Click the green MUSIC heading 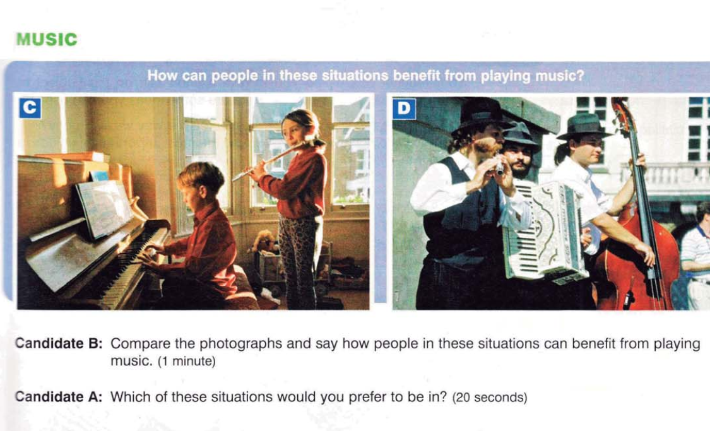pyautogui.click(x=47, y=39)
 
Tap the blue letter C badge pyautogui.click(x=30, y=108)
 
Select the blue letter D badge pyautogui.click(x=404, y=109)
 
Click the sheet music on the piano pyautogui.click(x=104, y=208)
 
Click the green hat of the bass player pyautogui.click(x=584, y=126)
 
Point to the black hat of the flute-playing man pyautogui.click(x=481, y=116)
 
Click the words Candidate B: pyautogui.click(x=59, y=344)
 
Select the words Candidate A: pyautogui.click(x=59, y=397)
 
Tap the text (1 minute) pyautogui.click(x=187, y=362)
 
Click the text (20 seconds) pyautogui.click(x=490, y=398)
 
